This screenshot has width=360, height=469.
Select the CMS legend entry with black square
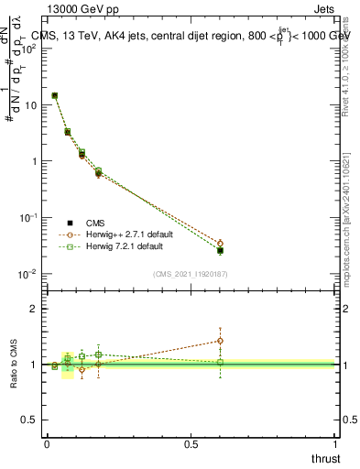tap(95, 223)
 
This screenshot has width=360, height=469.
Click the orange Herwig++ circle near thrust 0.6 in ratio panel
tap(220, 341)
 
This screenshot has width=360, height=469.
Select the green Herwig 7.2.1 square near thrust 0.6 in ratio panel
tap(220, 362)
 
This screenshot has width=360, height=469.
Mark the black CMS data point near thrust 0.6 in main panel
tap(220, 250)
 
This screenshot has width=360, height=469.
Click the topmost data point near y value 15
tap(55, 95)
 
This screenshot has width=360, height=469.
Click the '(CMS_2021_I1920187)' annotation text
tap(189, 274)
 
